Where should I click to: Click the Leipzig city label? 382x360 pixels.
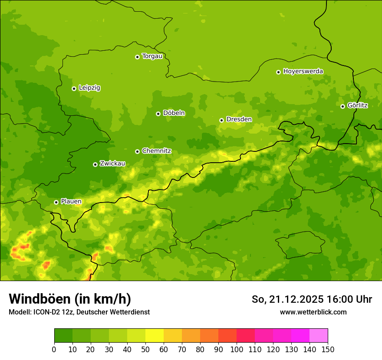[x=89, y=88]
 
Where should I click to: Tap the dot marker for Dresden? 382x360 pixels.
[x=221, y=120]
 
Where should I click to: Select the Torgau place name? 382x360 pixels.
[x=152, y=56]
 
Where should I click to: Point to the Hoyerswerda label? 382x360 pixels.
[x=303, y=71]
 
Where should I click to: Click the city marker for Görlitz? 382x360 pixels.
[x=342, y=106]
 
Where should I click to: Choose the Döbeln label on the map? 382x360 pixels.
[x=174, y=113]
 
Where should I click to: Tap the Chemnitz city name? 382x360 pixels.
[x=156, y=151]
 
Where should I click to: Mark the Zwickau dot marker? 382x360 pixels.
[x=95, y=164]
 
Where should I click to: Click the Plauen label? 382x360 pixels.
[x=71, y=201]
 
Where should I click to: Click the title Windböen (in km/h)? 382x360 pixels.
[x=70, y=299]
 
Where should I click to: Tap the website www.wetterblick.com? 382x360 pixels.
[x=313, y=312]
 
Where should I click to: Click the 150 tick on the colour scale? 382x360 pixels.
[x=328, y=349]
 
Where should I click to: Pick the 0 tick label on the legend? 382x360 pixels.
[x=54, y=349]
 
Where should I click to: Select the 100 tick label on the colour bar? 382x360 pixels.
[x=237, y=349]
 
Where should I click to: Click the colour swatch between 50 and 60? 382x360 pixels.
[x=155, y=336]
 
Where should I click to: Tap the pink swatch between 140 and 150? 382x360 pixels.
[x=319, y=336]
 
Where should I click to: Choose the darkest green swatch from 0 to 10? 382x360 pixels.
[x=63, y=336]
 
